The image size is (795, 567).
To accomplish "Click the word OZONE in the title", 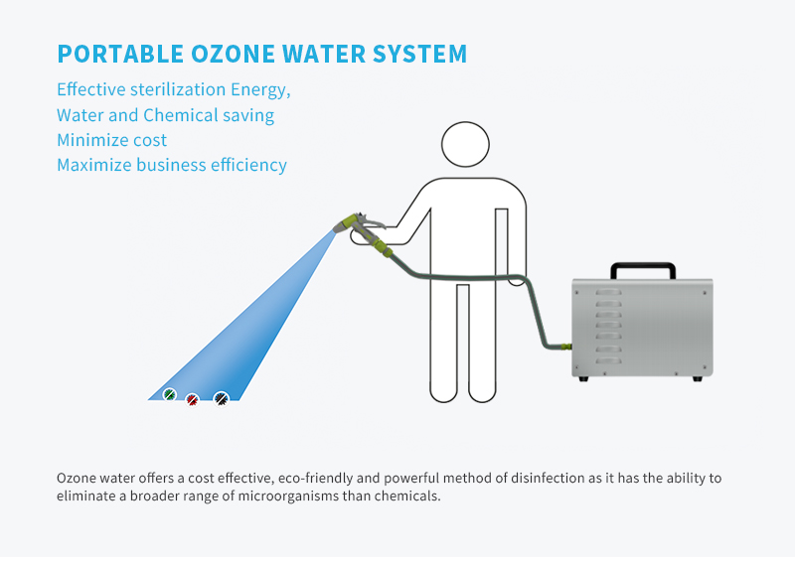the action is click(x=233, y=54).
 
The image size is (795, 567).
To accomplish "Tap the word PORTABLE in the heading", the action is click(x=120, y=54).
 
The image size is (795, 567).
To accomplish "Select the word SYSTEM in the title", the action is click(x=419, y=54).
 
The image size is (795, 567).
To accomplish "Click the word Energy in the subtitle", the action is click(x=260, y=90).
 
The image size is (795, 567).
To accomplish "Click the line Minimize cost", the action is click(x=111, y=140).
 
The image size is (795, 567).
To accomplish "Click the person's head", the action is click(x=465, y=144).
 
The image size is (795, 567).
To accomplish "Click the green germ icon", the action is click(x=169, y=394).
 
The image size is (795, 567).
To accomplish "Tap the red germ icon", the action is click(x=192, y=400).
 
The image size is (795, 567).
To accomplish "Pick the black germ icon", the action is click(x=221, y=399).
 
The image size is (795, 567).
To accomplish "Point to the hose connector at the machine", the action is click(x=566, y=347).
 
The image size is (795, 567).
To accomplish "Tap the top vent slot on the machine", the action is click(x=608, y=292).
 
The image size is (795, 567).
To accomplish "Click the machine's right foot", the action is click(x=698, y=378).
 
